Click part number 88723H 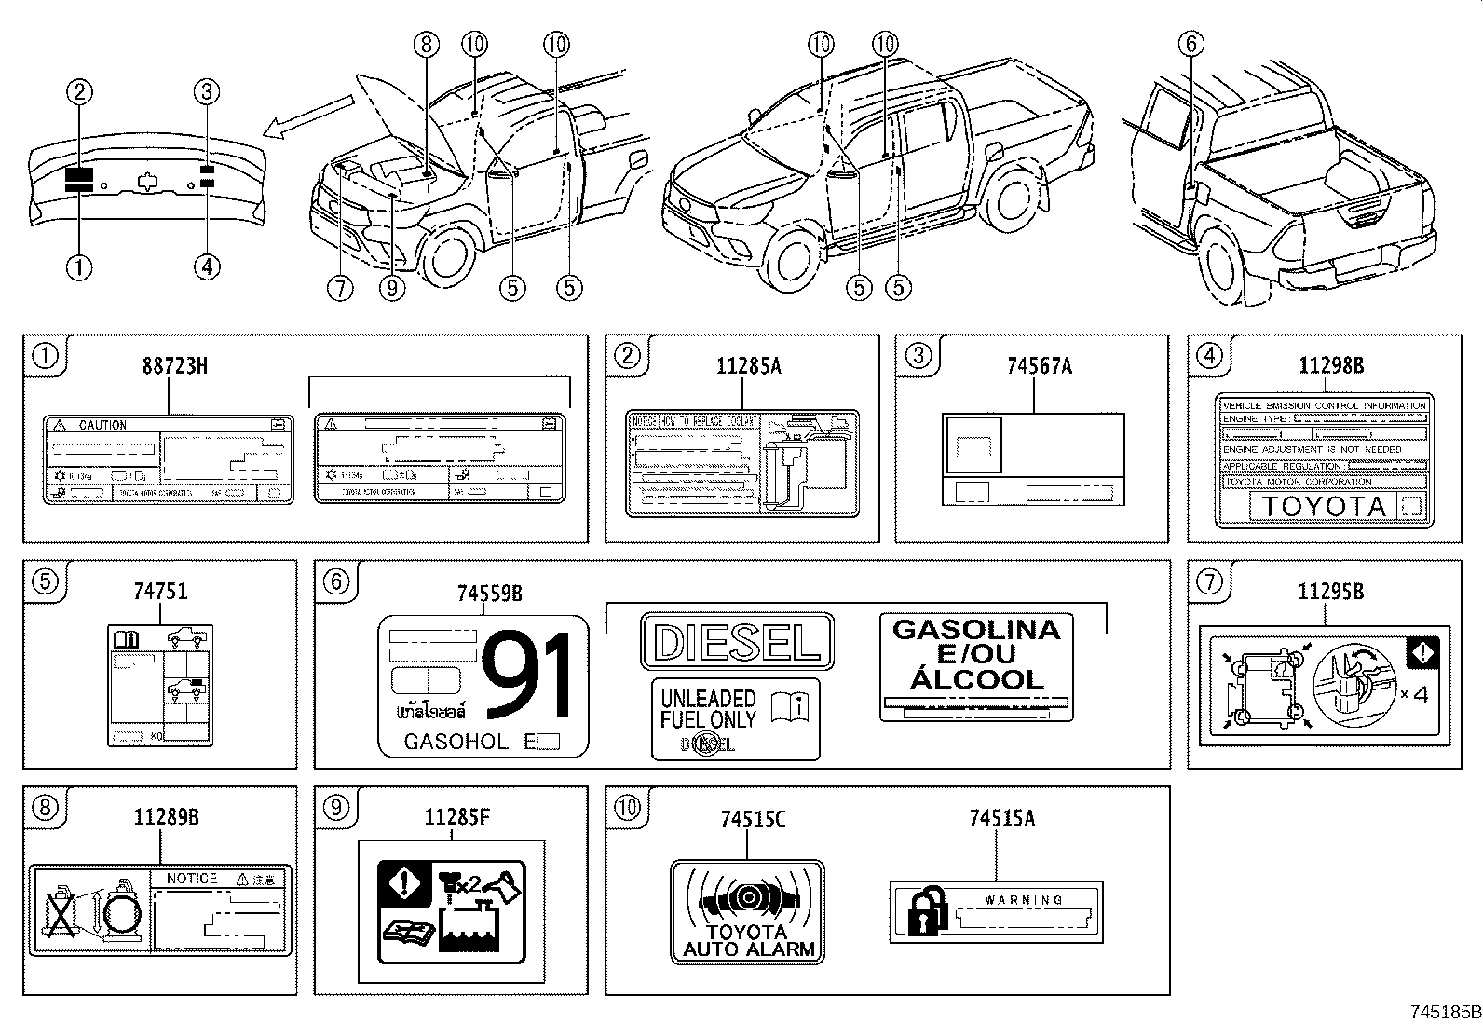tap(174, 366)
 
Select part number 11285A tap(748, 366)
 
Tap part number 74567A tap(1039, 366)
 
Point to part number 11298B tap(1331, 366)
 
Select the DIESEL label tap(737, 642)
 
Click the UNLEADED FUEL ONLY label tap(735, 718)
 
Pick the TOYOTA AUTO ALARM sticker tap(748, 911)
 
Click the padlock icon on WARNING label tap(921, 911)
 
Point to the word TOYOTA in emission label tap(1323, 507)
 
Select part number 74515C tap(753, 819)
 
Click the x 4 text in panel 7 tap(1413, 693)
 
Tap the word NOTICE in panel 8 tap(191, 878)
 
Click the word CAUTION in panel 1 tap(102, 425)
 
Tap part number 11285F tap(456, 819)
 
